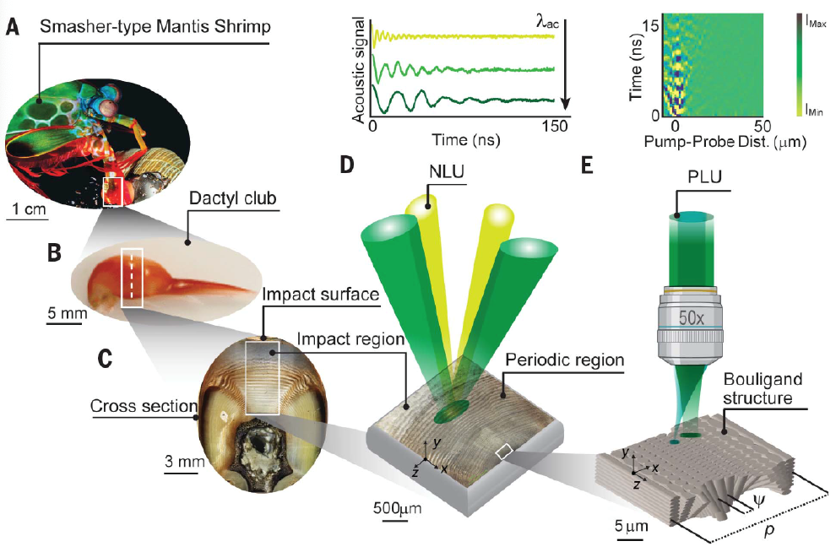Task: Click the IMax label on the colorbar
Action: [x=816, y=26]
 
